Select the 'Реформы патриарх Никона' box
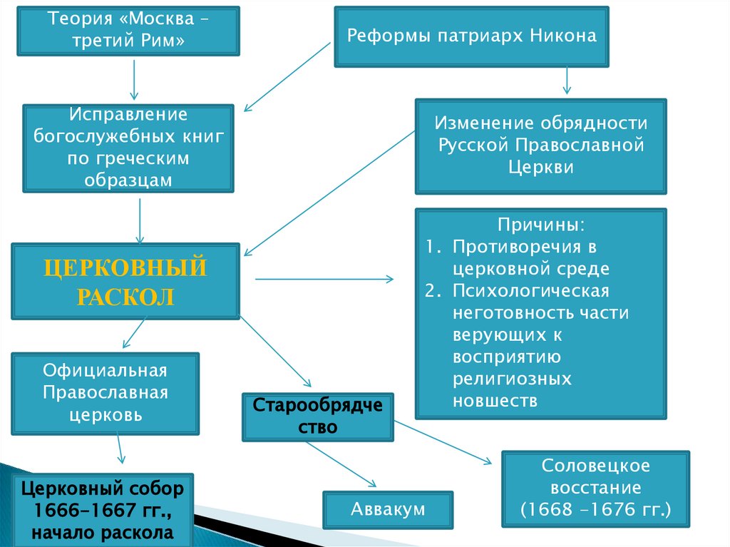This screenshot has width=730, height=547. [x=471, y=36]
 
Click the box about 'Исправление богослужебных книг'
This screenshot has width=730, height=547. [x=128, y=148]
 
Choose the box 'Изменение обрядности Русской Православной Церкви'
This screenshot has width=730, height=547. [x=541, y=146]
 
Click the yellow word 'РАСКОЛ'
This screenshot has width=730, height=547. [x=125, y=296]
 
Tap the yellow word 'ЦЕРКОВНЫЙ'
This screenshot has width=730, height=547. [x=125, y=270]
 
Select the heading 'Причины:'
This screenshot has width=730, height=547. [x=542, y=225]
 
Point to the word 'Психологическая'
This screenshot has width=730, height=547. [x=530, y=291]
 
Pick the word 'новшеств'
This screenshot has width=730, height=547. [x=495, y=401]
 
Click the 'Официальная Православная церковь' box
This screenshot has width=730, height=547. [x=105, y=392]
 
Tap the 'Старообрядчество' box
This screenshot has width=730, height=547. [x=318, y=416]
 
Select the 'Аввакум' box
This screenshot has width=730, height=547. [x=388, y=509]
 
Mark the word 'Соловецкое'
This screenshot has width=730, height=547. [x=596, y=466]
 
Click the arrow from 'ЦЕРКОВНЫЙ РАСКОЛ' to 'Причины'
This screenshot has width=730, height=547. [x=324, y=279]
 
